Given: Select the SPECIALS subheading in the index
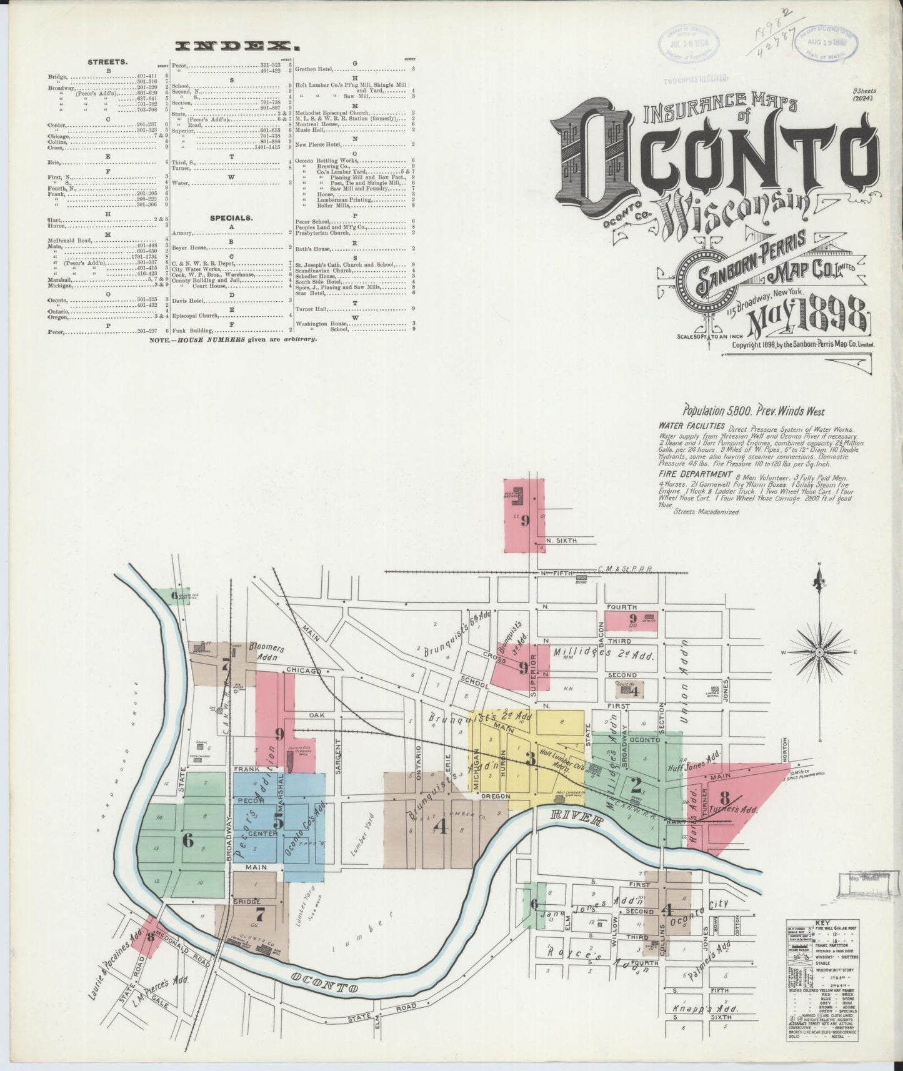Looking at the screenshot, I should coord(231,218).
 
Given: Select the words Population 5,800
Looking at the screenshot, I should coord(714,411).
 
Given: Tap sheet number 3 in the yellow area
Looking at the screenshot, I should coord(530,759).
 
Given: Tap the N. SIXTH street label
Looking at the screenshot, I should coord(560,540).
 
